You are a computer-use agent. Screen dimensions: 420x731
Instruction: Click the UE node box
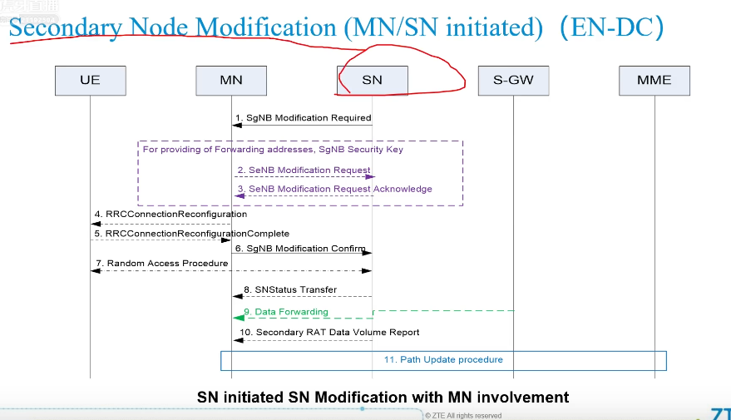click(x=90, y=80)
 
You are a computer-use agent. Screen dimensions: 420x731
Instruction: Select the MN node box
click(x=231, y=80)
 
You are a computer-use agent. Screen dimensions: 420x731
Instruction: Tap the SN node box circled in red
click(x=372, y=80)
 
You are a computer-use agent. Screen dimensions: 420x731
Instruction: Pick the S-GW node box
click(x=513, y=80)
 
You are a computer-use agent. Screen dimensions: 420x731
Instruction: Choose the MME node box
click(x=654, y=80)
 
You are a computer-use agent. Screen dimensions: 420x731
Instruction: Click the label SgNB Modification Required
click(x=303, y=118)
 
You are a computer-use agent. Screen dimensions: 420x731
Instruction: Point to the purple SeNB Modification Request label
click(x=309, y=170)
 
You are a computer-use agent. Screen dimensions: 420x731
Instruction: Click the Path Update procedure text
click(x=443, y=359)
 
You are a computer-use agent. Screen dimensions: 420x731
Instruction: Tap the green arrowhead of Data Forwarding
click(x=240, y=318)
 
